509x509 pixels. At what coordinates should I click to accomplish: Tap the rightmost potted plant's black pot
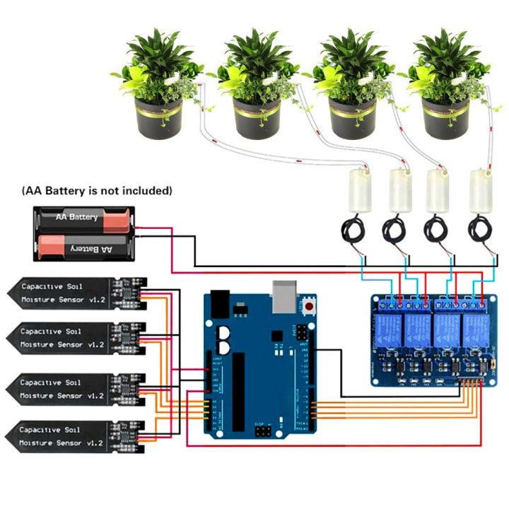pos(446,117)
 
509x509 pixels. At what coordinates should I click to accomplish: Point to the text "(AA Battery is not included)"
pos(97,191)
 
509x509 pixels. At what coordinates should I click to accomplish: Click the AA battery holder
pos(83,232)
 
